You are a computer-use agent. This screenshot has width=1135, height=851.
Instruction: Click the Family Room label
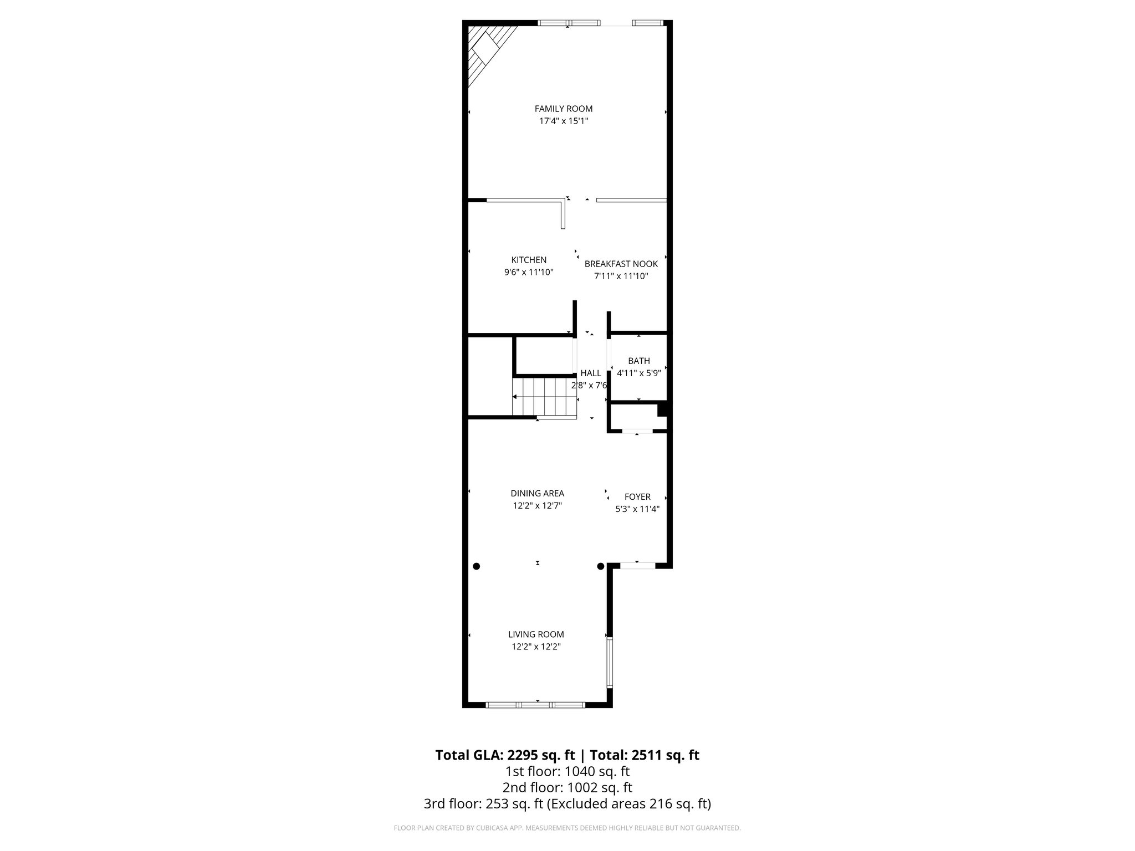(563, 109)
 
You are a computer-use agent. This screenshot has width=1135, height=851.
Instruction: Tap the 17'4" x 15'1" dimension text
(563, 121)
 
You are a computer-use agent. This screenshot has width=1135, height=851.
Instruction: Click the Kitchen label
(529, 260)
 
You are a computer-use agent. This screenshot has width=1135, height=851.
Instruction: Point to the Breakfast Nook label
(621, 264)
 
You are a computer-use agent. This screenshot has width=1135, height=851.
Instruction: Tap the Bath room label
(638, 361)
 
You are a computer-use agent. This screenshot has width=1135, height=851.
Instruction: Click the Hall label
(590, 373)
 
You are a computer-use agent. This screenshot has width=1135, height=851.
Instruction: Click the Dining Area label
(537, 493)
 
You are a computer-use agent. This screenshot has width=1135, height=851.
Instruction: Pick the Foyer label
(637, 497)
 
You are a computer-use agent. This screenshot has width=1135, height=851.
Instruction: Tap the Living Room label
(536, 634)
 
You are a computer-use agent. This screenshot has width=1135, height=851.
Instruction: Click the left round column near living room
(476, 566)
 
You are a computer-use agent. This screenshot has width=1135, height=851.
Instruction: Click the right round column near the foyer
(600, 566)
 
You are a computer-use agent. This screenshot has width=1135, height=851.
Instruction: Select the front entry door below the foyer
(637, 566)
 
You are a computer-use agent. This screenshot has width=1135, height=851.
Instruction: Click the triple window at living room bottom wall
(536, 705)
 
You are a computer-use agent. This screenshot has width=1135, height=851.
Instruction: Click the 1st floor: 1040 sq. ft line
(567, 771)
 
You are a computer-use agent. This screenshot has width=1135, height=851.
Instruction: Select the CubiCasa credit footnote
(567, 828)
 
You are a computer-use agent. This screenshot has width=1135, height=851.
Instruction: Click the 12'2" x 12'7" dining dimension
(537, 505)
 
